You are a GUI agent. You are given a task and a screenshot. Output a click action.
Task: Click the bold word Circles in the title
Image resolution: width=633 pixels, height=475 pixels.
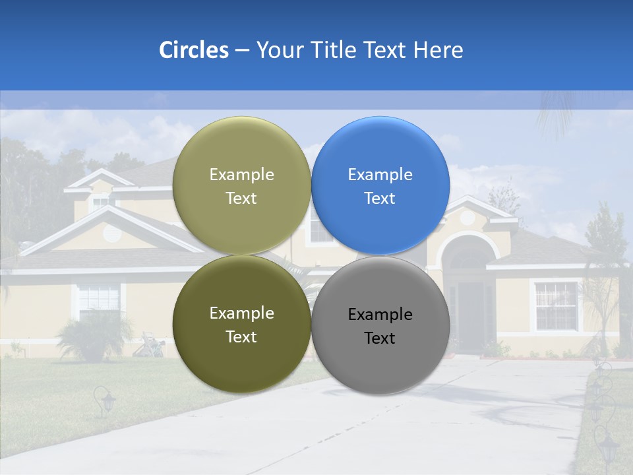pyautogui.click(x=193, y=50)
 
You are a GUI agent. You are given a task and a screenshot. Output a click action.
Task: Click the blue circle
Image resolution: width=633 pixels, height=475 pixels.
pyautogui.click(x=380, y=185)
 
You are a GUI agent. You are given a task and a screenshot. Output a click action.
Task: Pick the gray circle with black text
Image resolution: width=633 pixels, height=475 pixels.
pyautogui.click(x=380, y=325)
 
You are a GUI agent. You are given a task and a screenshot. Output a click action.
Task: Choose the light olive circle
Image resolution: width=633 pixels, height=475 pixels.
pyautogui.click(x=241, y=185)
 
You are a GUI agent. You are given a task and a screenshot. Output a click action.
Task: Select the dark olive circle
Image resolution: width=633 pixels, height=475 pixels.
pyautogui.click(x=241, y=325)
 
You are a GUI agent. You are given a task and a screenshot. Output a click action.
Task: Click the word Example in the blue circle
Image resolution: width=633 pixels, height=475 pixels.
pyautogui.click(x=380, y=174)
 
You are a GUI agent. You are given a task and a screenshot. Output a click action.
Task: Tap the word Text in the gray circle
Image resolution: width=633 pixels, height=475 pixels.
pyautogui.click(x=380, y=338)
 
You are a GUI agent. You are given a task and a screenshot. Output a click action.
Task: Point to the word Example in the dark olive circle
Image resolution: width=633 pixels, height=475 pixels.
pyautogui.click(x=241, y=313)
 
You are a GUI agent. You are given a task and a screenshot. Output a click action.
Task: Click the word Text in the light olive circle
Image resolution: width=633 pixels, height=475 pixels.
pyautogui.click(x=241, y=198)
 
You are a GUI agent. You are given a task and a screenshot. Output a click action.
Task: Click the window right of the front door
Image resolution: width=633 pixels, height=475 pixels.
pyautogui.click(x=556, y=305)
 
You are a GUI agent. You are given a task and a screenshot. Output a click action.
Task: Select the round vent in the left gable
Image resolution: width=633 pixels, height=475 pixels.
pyautogui.click(x=112, y=232)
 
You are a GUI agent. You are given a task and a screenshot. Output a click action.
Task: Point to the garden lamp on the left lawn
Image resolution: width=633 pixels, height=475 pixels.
pyautogui.click(x=104, y=401)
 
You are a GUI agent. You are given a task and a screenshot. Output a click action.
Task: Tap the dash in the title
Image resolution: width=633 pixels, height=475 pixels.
pyautogui.click(x=242, y=50)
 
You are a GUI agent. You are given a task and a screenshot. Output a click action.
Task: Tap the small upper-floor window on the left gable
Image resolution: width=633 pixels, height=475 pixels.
pyautogui.click(x=100, y=201)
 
